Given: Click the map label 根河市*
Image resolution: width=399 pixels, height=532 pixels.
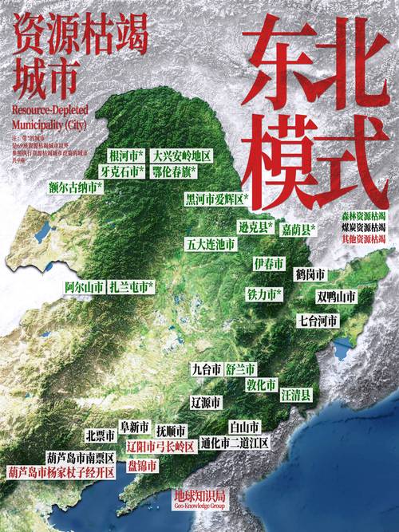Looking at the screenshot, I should pos(127,156).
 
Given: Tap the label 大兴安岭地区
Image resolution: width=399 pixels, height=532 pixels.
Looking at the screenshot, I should pos(182,156).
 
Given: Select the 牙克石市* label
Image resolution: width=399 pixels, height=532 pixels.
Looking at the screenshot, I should pos(122,171).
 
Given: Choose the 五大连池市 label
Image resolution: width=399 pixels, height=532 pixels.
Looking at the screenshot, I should pos(210,243).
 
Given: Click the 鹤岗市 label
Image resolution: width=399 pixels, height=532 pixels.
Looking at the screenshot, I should pos(310,274).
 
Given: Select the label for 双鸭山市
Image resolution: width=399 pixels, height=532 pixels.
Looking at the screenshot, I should pos(335,296).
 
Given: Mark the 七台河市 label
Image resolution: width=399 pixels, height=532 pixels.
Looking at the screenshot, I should pos(318,321).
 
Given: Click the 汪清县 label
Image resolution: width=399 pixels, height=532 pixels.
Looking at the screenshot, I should pos(295,394).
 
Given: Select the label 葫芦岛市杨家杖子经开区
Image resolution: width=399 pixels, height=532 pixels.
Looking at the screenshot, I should pos(61,471).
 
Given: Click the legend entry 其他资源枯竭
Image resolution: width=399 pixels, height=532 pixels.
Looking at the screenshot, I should pos(363,238).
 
